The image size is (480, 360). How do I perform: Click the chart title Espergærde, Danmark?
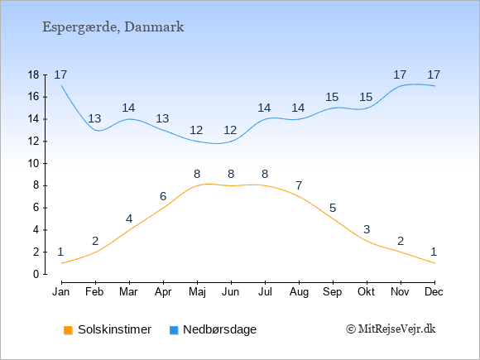[x=113, y=27]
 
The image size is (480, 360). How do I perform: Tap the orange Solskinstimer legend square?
[x=68, y=330]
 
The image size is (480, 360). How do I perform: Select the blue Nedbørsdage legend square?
[x=174, y=330]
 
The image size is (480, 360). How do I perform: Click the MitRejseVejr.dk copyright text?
[x=391, y=329]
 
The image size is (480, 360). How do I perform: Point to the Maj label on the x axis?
[x=197, y=292]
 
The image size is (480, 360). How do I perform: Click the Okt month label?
[x=366, y=292]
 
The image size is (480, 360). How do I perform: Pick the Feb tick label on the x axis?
[x=94, y=292]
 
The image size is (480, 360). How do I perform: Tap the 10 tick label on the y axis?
[x=34, y=164]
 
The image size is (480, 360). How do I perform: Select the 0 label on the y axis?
[x=36, y=274]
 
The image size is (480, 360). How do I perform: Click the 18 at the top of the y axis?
[x=34, y=75]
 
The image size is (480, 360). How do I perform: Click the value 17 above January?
[x=60, y=74]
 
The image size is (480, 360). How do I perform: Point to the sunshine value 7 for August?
[x=299, y=185]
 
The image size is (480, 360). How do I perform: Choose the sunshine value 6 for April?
[x=163, y=196]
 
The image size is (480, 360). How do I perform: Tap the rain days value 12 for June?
[x=230, y=131]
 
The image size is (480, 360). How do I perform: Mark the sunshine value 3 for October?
[x=367, y=229]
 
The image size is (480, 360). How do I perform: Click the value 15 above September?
[x=332, y=98]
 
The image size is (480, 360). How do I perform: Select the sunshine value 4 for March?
[x=129, y=218]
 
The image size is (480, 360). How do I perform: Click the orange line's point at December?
[x=434, y=263]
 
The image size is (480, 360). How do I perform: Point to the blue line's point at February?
[x=95, y=130]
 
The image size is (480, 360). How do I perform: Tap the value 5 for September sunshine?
[x=333, y=209]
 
